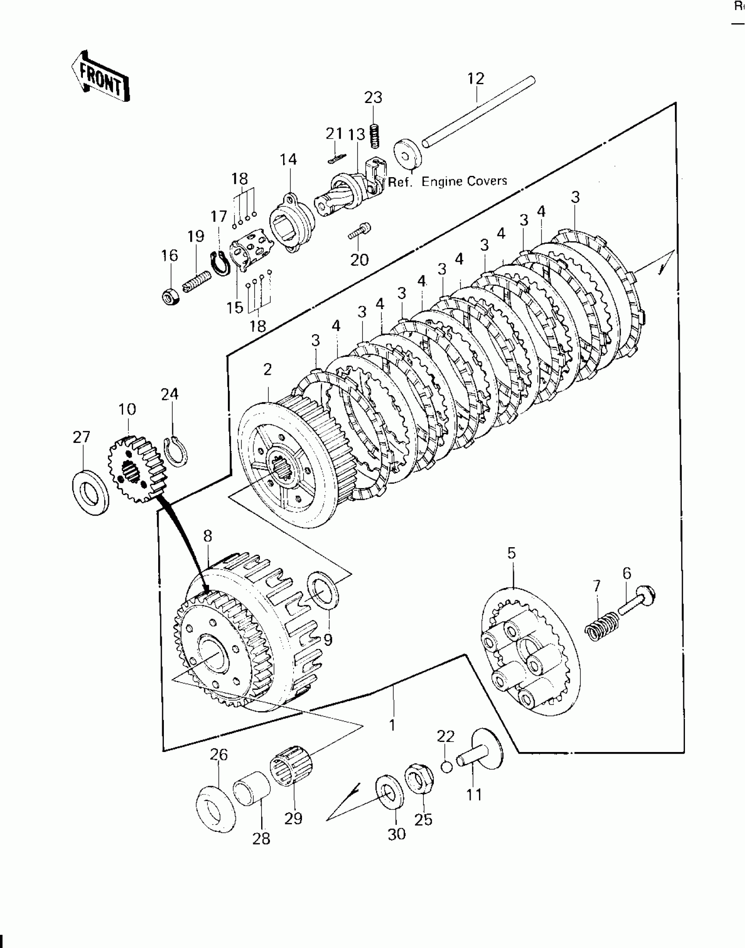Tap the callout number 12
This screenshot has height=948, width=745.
475,79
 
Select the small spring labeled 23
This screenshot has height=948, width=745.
373,136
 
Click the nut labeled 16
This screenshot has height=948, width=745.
170,297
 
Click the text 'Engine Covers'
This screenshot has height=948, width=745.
464,181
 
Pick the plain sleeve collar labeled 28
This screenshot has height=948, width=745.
252,791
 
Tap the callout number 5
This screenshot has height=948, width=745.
511,553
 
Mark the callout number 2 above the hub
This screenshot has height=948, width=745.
267,369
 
